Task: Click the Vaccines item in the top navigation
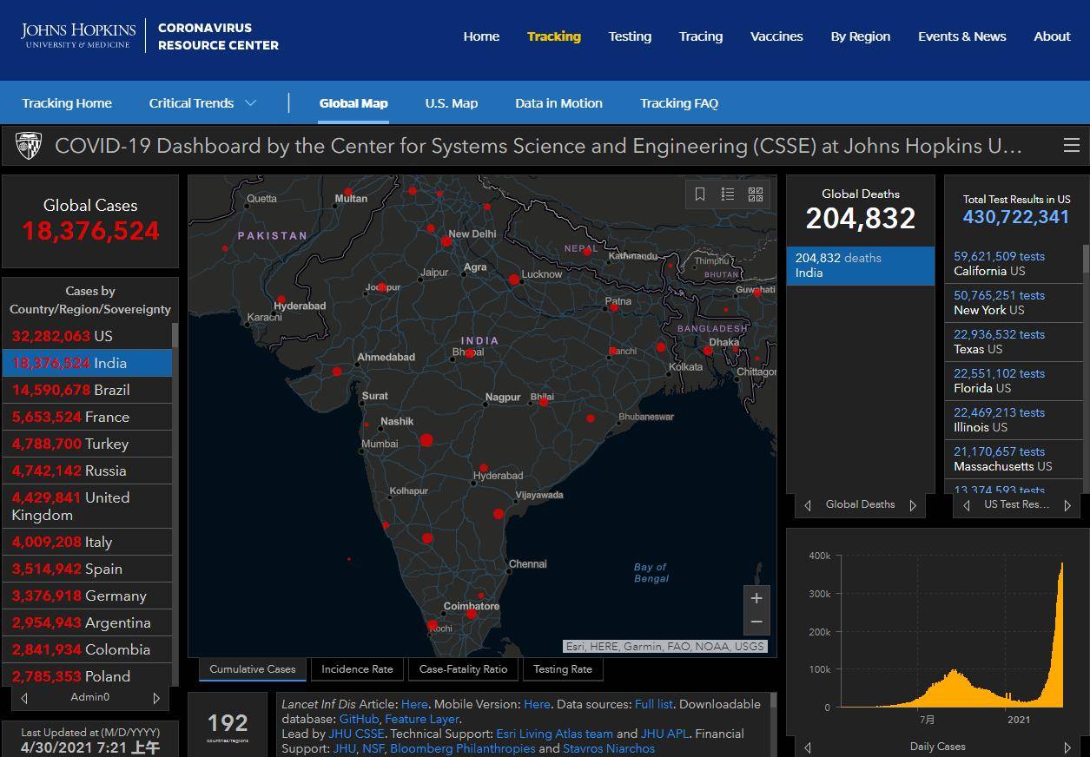776,36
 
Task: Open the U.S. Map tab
451,103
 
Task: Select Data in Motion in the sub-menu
558,103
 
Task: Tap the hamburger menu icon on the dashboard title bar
1071,146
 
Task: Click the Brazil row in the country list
87,390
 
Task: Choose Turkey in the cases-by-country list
87,444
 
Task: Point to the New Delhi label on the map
472,234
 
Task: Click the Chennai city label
528,564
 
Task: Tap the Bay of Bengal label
651,573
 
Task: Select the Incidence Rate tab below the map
357,669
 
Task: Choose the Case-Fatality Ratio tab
463,669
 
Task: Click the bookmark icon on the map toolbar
700,194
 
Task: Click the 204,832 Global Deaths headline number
860,219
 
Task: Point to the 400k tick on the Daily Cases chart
819,556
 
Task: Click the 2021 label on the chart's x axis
1019,720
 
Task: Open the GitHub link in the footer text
359,719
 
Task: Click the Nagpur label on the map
503,398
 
